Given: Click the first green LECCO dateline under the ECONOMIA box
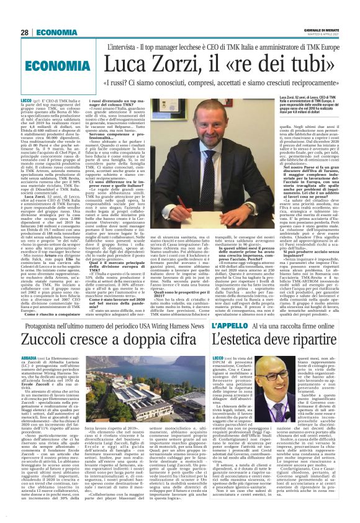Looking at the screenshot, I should (x=27, y=100).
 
